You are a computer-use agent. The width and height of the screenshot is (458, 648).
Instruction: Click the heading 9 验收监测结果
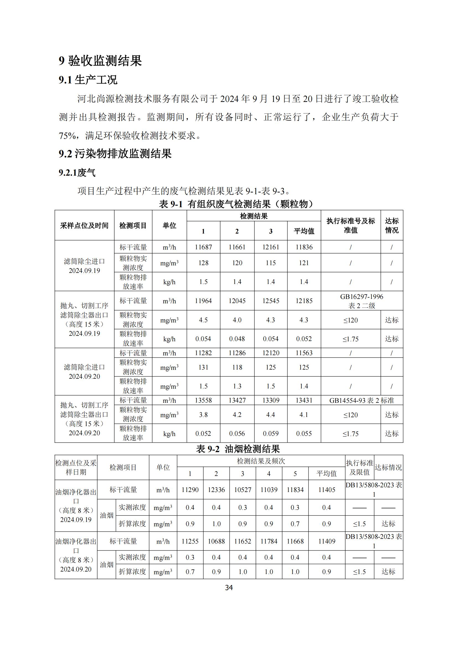pyautogui.click(x=100, y=61)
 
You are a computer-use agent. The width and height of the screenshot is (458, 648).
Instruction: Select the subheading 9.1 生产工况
pyautogui.click(x=88, y=80)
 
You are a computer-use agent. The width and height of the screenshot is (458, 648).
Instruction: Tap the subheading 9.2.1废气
pyautogui.click(x=77, y=172)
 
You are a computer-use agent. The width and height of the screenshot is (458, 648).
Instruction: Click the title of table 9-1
pyautogui.click(x=236, y=204)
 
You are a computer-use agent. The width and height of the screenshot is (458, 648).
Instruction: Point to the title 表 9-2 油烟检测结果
pyautogui.click(x=238, y=449)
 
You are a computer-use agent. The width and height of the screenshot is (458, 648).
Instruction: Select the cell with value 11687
pyautogui.click(x=203, y=247)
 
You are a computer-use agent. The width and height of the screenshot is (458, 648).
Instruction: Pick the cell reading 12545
pyautogui.click(x=271, y=301)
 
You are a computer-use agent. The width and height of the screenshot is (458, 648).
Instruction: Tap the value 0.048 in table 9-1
pyautogui.click(x=237, y=339)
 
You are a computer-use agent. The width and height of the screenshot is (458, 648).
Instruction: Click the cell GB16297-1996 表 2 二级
pyautogui.click(x=362, y=301)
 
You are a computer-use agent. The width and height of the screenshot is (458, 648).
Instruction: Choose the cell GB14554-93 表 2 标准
pyautogui.click(x=362, y=400)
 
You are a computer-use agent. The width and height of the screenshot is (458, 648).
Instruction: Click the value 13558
pyautogui.click(x=203, y=400)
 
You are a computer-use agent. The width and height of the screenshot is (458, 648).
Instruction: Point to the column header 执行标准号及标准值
pyautogui.click(x=351, y=226)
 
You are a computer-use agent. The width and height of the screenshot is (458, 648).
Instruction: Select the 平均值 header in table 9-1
pyautogui.click(x=304, y=231)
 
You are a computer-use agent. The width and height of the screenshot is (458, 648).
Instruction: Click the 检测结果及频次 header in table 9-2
pyautogui.click(x=261, y=461)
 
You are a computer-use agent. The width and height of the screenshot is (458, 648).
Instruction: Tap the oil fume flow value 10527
pyautogui.click(x=243, y=490)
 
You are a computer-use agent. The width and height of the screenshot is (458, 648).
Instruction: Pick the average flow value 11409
pyautogui.click(x=326, y=541)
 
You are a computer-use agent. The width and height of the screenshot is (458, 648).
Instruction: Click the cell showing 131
pyautogui.click(x=203, y=367)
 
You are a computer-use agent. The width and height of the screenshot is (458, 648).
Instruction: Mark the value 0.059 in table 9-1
pyautogui.click(x=271, y=434)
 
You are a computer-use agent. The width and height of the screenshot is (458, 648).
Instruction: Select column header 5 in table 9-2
pyautogui.click(x=295, y=473)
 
